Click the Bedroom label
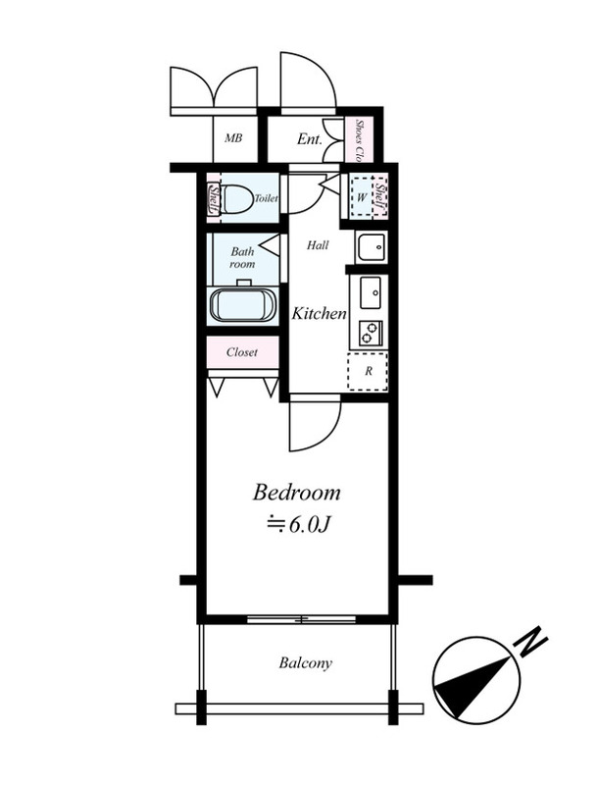coord(296,493)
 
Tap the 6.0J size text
coord(298,524)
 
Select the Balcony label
coord(306,663)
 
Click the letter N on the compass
coord(531,641)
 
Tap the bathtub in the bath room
coord(243,305)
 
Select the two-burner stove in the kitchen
coord(371,332)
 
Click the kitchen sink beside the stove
coord(371,292)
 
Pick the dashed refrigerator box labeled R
coord(368,371)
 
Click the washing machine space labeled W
coord(362,197)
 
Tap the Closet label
coord(242,352)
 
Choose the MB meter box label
coord(233,137)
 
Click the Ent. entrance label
coord(310,138)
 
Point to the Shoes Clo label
coord(359,140)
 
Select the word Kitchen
coord(319,313)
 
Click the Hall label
coord(318,245)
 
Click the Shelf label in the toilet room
coord(215,198)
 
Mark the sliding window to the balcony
coord(302,620)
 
